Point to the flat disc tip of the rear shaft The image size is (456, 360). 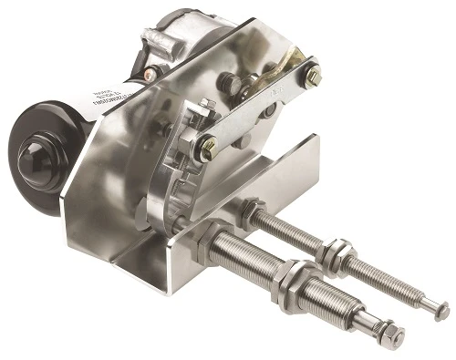[x=442, y=313]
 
